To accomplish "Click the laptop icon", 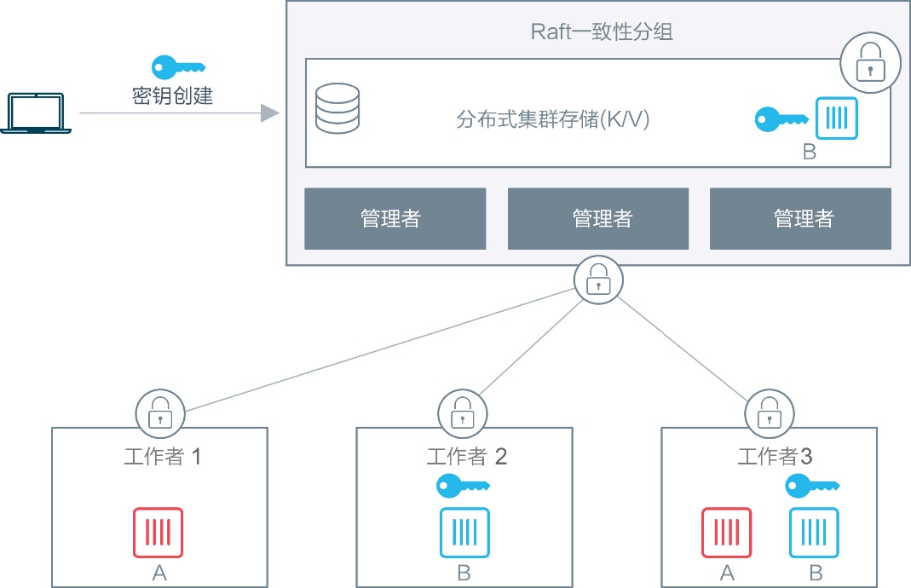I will tap(36, 113).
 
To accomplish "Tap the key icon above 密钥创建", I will tap(178, 66).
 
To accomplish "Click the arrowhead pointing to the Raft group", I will tap(270, 113).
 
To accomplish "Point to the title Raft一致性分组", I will tap(602, 32).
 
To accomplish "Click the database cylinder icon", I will tap(337, 108).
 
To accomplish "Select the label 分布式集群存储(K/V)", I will tap(553, 120).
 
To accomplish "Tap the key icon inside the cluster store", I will tap(781, 118).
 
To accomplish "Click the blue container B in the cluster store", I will tap(836, 118).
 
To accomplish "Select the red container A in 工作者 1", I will tap(158, 533).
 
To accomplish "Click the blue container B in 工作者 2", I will tap(464, 533).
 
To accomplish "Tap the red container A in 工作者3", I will tap(727, 533).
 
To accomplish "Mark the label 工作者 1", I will tap(163, 457).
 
